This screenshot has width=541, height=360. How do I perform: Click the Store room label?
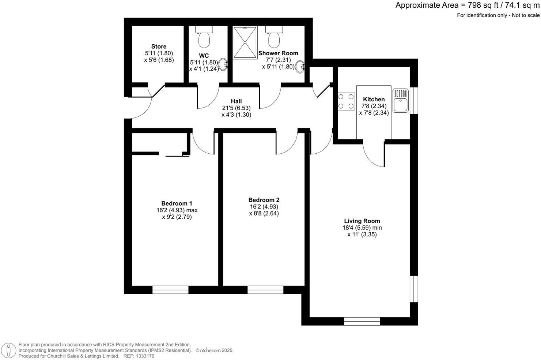(x=159, y=46)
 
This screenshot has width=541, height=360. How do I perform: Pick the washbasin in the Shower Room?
(x=300, y=67)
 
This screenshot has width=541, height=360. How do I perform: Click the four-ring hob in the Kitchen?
(x=346, y=101)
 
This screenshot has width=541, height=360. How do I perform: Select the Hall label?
(x=236, y=101)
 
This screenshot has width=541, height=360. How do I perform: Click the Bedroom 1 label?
(x=177, y=203)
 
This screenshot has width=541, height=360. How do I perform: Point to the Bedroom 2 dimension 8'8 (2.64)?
(x=264, y=213)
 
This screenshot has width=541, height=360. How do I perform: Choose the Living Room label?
(x=362, y=221)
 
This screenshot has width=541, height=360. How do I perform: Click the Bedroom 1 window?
(x=170, y=290)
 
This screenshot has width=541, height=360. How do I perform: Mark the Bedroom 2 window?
(x=265, y=290)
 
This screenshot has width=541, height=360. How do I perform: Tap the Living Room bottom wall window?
(x=362, y=321)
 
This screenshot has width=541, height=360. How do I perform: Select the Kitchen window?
(x=414, y=101)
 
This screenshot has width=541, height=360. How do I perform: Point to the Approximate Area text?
(x=467, y=5)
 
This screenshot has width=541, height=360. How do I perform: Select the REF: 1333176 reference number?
(x=139, y=356)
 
